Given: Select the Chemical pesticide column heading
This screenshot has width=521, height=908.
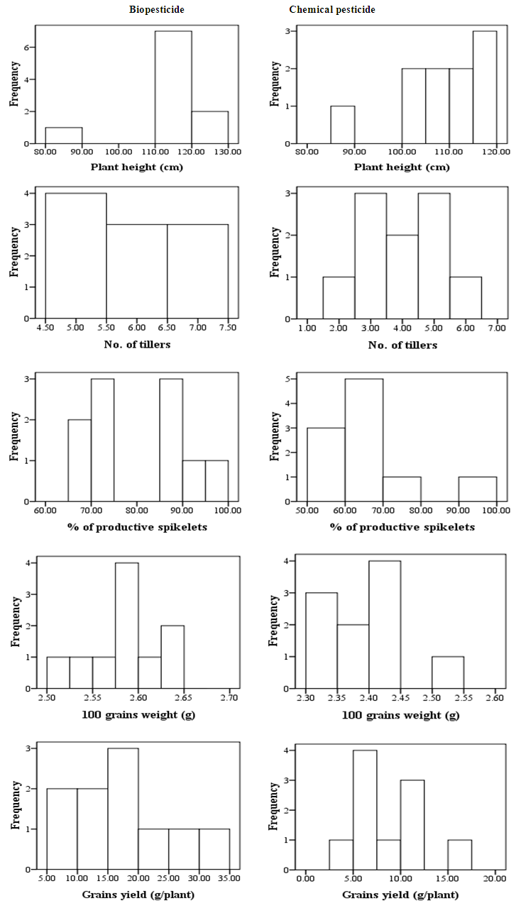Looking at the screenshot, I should click(323, 9).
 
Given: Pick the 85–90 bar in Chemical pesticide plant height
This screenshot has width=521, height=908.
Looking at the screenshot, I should click(343, 125).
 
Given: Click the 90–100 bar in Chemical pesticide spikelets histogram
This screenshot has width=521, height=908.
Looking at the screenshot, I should click(478, 489).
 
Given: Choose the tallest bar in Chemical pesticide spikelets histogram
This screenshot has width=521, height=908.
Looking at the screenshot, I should click(364, 441).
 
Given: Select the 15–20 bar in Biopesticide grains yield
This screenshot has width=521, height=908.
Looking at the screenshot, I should click(123, 809).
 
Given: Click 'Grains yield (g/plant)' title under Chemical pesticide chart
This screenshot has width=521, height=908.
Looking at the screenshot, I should click(400, 895).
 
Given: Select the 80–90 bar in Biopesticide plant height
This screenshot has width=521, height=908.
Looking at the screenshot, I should click(64, 135).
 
